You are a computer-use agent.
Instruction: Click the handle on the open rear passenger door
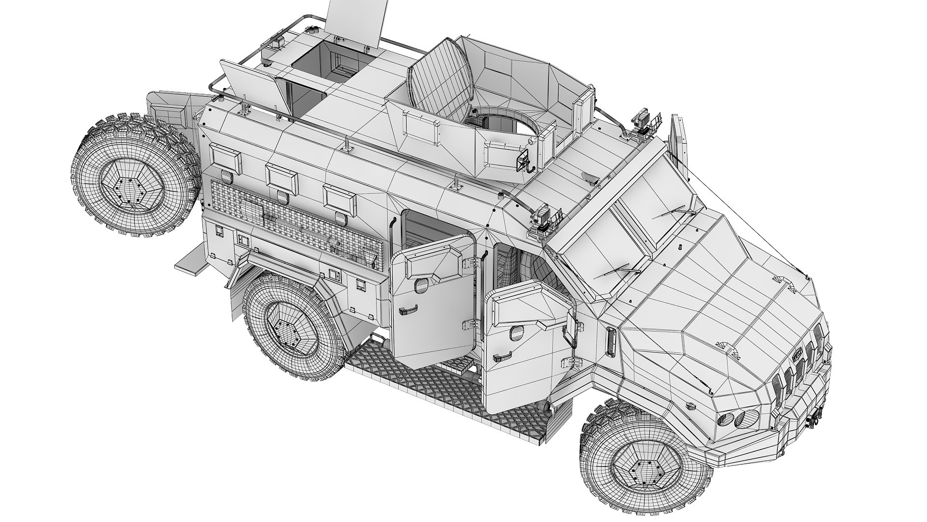click(408, 311)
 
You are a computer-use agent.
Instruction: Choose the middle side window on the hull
click(281, 177)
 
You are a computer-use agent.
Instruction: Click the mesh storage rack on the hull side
click(295, 217)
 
